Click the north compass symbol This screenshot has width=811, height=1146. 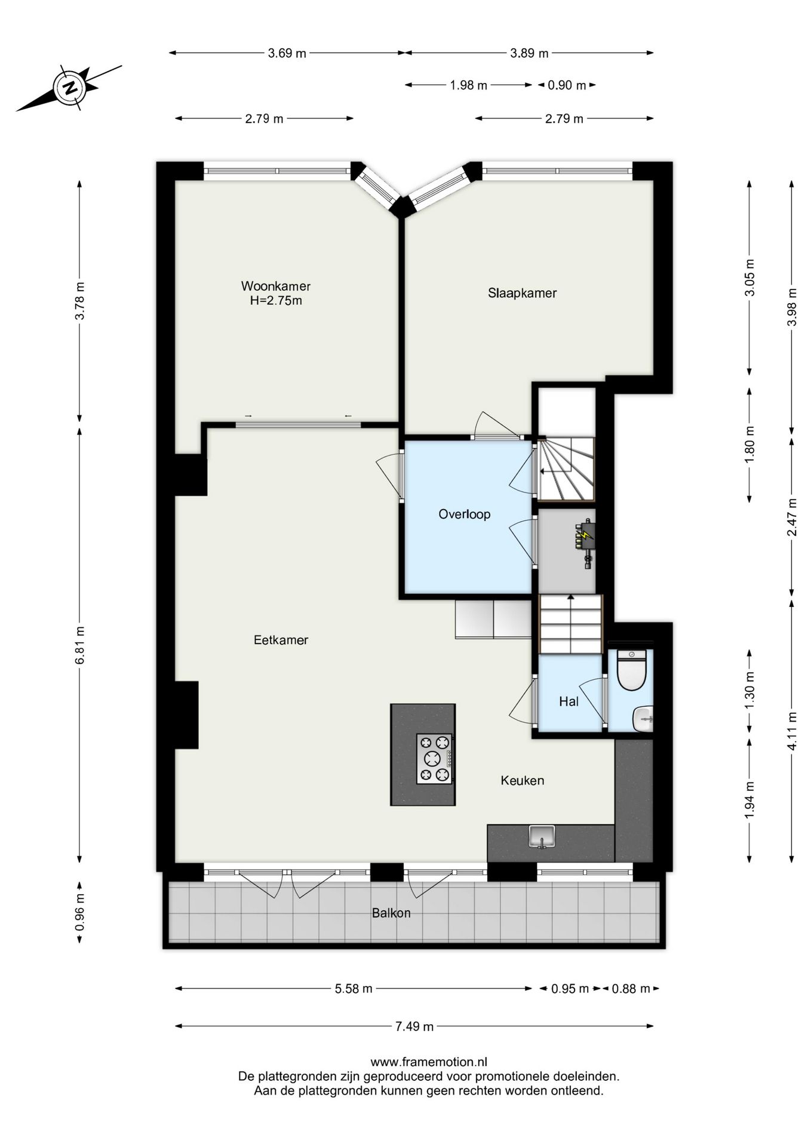coord(70,88)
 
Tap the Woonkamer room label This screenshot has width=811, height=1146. coord(276,286)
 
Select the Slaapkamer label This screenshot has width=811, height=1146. coord(522,293)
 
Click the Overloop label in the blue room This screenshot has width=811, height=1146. coord(465,514)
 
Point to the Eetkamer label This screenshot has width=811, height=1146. coord(281,640)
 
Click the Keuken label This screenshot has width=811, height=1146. coord(523,780)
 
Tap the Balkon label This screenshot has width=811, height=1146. coord(391,913)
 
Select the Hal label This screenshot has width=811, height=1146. coord(569,701)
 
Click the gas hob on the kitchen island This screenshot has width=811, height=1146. coord(434,759)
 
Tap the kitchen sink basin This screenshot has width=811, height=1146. coord(542,836)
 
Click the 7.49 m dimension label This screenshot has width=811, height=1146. coord(414,1026)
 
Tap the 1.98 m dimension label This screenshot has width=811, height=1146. coord(469,85)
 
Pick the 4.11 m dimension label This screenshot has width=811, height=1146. coord(792,731)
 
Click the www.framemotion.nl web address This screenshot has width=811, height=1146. coord(429,1062)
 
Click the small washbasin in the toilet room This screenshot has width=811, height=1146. coord(644,718)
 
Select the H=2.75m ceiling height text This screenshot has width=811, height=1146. coord(276,301)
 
